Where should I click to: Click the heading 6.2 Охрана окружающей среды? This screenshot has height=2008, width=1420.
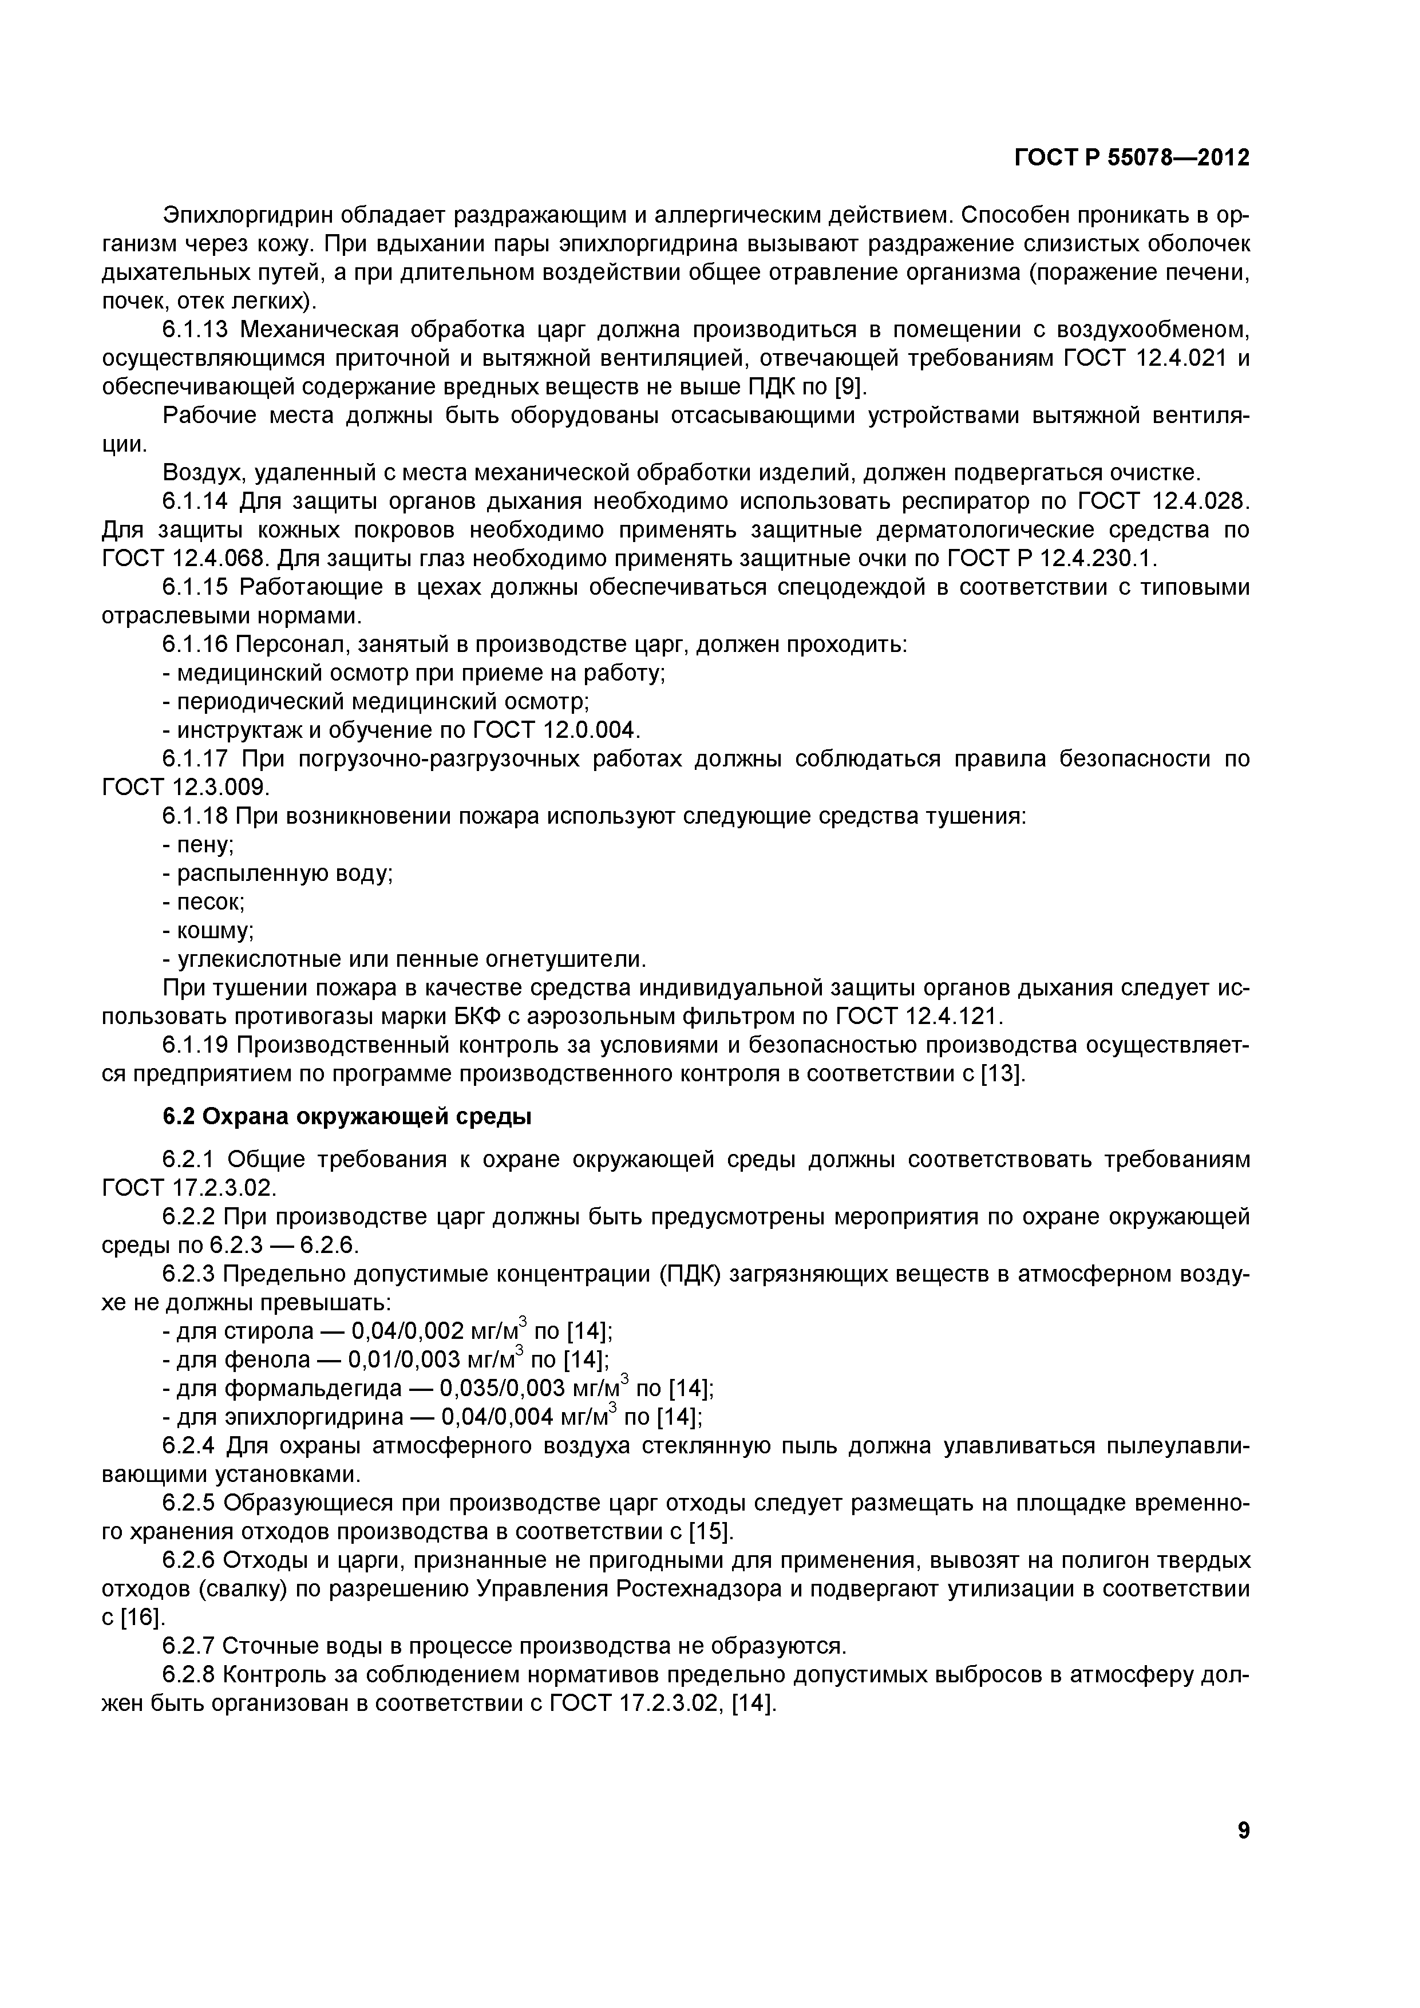347,1117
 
